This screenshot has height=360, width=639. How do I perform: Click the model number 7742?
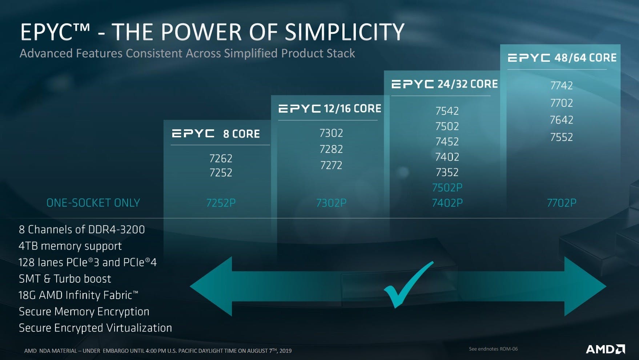[x=562, y=85]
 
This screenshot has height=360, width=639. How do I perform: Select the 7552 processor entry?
[x=562, y=137]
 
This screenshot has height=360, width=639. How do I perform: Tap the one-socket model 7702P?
[x=562, y=203]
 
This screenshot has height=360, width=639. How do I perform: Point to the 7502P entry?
[x=447, y=187]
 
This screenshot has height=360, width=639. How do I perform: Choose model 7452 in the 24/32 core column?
[x=447, y=141]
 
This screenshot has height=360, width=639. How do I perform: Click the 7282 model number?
[x=331, y=149]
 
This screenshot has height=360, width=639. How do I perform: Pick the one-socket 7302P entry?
[x=331, y=203]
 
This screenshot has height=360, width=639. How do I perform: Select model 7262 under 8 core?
[x=221, y=158]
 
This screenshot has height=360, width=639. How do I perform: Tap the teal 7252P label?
[x=221, y=203]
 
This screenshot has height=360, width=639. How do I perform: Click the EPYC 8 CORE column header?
[x=216, y=134]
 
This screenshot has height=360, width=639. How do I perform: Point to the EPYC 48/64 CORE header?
[x=562, y=58]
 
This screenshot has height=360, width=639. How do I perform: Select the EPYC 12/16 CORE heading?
[x=330, y=109]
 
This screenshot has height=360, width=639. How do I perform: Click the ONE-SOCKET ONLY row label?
[x=93, y=203]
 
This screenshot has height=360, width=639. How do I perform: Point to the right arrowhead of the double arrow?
[x=584, y=286]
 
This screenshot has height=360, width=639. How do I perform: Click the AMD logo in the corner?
[x=605, y=349]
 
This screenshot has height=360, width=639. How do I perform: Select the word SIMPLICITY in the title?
[x=345, y=32]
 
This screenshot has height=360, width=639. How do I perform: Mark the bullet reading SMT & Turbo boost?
[x=65, y=279]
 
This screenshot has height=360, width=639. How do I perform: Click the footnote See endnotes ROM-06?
[x=493, y=349]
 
